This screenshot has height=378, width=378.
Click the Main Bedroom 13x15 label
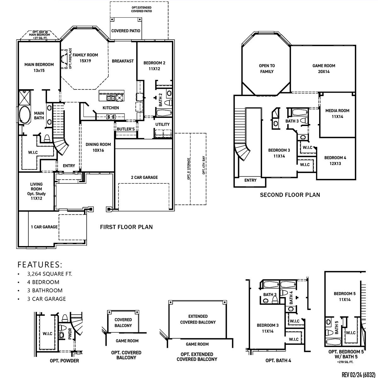(x=39, y=67)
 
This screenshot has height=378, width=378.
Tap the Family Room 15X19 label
(x=85, y=58)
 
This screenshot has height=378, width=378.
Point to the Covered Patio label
(x=126, y=31)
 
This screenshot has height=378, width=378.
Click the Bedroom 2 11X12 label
(x=154, y=66)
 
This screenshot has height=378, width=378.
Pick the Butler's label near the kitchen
(x=126, y=129)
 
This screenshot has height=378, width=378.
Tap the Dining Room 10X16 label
(x=98, y=147)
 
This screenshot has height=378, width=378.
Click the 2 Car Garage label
(x=144, y=177)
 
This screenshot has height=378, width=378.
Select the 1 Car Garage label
(x=44, y=227)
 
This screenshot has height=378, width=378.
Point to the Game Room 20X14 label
(x=324, y=69)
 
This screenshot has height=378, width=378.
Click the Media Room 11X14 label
(x=337, y=113)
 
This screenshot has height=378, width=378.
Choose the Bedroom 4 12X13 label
(x=335, y=160)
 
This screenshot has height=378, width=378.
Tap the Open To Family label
(x=266, y=69)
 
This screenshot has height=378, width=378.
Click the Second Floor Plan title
(x=290, y=195)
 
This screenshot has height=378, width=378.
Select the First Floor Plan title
(x=126, y=227)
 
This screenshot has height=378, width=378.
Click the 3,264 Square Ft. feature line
(x=49, y=274)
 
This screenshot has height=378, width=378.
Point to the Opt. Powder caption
(x=64, y=361)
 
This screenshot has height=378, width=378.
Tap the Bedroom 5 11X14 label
(x=345, y=296)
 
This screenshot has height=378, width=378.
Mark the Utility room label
(x=162, y=124)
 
